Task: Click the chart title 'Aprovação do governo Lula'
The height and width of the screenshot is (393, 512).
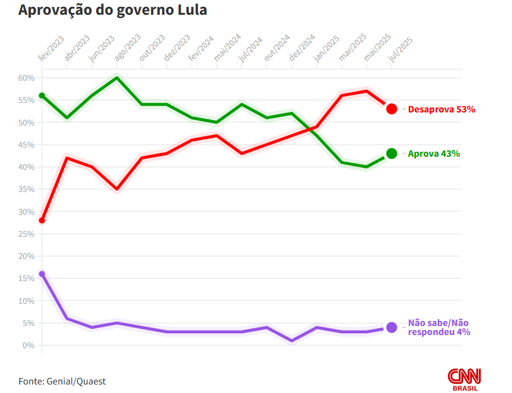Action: click(113, 10)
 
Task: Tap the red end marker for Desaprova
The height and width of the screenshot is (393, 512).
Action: click(392, 109)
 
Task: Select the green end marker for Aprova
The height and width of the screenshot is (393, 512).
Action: click(392, 153)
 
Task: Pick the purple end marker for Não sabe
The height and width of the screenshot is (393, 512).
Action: click(392, 327)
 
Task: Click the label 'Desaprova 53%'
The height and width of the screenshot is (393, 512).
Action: click(441, 109)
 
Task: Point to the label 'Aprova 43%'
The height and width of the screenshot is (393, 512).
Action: click(434, 153)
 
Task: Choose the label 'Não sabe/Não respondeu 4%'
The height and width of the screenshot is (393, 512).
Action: click(439, 327)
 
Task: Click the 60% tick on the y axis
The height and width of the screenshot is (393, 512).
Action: click(26, 78)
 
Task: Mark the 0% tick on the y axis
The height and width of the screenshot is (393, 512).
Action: click(28, 345)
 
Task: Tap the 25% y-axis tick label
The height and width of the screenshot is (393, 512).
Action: click(26, 234)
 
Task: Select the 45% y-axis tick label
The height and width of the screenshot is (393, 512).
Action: click(26, 145)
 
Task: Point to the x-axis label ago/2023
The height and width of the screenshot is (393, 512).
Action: click(128, 48)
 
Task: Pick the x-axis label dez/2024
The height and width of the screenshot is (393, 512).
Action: click(302, 48)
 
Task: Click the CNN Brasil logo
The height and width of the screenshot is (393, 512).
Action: click(464, 379)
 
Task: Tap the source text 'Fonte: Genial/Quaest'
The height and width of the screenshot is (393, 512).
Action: click(62, 381)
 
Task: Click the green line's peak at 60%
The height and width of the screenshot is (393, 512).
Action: click(117, 78)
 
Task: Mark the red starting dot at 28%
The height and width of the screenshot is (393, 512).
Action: click(42, 220)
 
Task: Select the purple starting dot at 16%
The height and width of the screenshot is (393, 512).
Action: click(42, 274)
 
